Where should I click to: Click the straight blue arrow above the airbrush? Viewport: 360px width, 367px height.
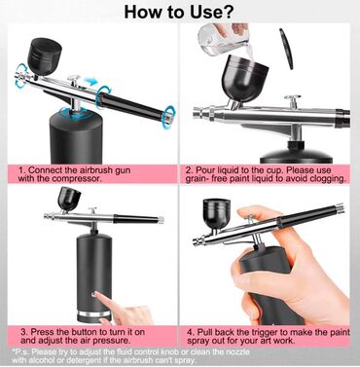point(90,82)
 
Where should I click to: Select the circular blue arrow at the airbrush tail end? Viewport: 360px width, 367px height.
point(168,117)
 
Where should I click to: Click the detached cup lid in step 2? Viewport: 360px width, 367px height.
point(286,49)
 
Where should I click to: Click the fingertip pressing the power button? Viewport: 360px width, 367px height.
point(97,295)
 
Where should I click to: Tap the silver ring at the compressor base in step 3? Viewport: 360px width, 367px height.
point(93,314)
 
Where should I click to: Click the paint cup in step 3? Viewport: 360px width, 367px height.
point(69,200)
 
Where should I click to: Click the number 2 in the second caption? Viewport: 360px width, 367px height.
point(188,170)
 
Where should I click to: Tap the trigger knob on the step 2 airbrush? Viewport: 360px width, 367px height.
point(292,97)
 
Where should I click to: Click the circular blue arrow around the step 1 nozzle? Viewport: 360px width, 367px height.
point(20,76)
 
